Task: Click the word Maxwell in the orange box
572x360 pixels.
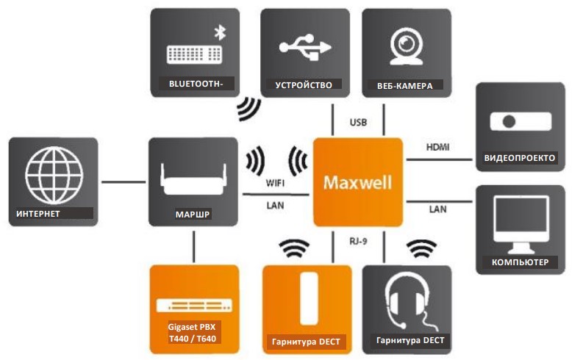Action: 358,181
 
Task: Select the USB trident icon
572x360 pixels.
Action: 303,46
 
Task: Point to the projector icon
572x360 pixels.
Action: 522,122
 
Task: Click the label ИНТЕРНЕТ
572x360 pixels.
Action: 37,214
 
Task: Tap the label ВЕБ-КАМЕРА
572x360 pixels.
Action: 404,85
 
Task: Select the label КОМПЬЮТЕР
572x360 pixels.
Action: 520,262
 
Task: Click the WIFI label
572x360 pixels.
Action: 275,184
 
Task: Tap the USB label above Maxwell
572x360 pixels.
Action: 359,122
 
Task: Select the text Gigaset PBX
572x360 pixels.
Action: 193,325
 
